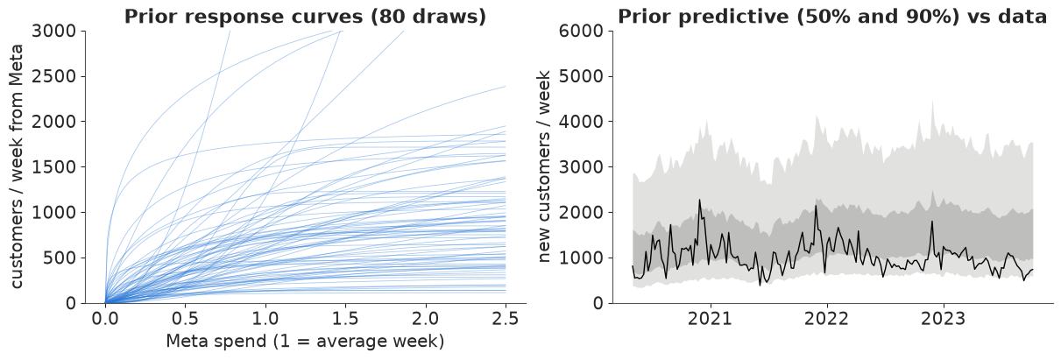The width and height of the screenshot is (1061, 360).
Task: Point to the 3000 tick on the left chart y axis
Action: [54, 32]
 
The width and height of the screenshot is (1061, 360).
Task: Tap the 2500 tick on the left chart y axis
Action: [54, 77]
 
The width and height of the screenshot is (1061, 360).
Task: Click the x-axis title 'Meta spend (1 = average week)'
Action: [305, 341]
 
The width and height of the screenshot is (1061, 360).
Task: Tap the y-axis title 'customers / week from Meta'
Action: [17, 166]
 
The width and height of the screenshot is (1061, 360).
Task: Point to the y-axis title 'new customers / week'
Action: [545, 166]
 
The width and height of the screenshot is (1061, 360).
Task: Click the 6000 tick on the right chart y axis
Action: [581, 32]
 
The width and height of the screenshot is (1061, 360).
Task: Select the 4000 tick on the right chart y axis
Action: [581, 122]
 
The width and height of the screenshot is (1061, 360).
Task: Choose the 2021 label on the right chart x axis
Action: [710, 319]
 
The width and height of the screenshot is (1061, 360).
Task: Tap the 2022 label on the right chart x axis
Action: [826, 319]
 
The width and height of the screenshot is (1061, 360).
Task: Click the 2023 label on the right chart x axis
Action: [943, 319]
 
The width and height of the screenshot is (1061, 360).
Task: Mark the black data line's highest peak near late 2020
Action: [699, 200]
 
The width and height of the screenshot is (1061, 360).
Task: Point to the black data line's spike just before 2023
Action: [931, 222]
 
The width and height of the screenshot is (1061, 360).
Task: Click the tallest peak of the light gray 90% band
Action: [932, 101]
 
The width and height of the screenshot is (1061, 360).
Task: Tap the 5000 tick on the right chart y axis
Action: [581, 77]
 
